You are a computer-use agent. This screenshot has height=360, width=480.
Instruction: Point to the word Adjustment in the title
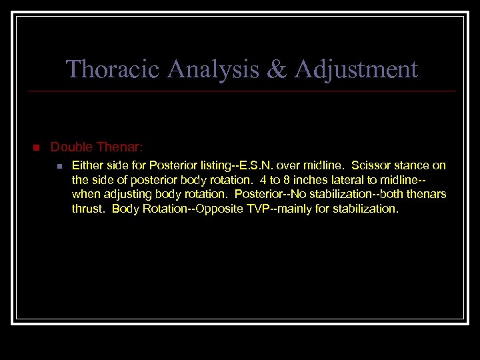[353, 69]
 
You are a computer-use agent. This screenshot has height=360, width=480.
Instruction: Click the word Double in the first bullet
[70, 146]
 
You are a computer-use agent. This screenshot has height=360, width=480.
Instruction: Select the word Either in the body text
[86, 165]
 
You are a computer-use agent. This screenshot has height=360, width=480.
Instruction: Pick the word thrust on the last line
[88, 209]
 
